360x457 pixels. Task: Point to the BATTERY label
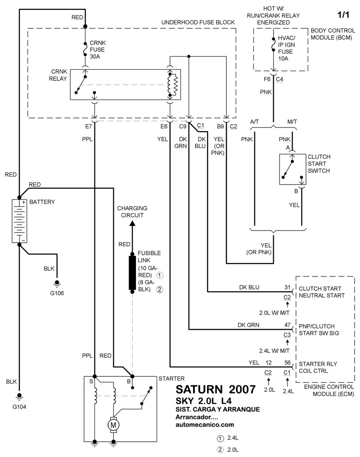point(42,202)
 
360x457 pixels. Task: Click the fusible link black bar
point(132,273)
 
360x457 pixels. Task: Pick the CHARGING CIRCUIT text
point(132,212)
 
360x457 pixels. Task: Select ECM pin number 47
point(287,325)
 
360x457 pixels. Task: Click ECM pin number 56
point(287,362)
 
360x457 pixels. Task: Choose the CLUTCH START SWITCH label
point(319,164)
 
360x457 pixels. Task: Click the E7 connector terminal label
point(89,127)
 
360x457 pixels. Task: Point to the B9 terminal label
point(220,127)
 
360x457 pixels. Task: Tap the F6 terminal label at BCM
point(268,79)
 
